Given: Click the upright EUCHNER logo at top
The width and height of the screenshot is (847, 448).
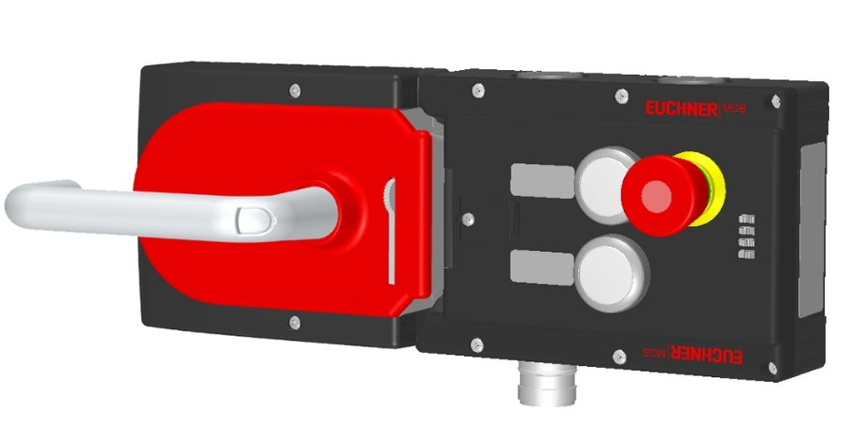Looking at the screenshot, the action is coord(681,109).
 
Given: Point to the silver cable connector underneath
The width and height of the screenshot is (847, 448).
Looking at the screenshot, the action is coord(545,384).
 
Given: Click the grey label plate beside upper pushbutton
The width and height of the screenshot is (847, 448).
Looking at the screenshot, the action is coord(542,181).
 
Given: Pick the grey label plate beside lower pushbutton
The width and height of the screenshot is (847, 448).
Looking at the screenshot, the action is coord(542,268).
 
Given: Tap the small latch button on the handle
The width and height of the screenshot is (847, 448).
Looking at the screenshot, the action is coord(254,218).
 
